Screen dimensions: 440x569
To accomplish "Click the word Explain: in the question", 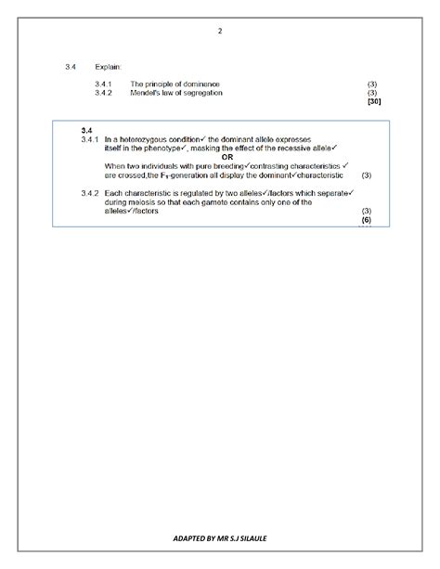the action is click(x=108, y=67).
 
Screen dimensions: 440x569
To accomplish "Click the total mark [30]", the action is click(x=373, y=101).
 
